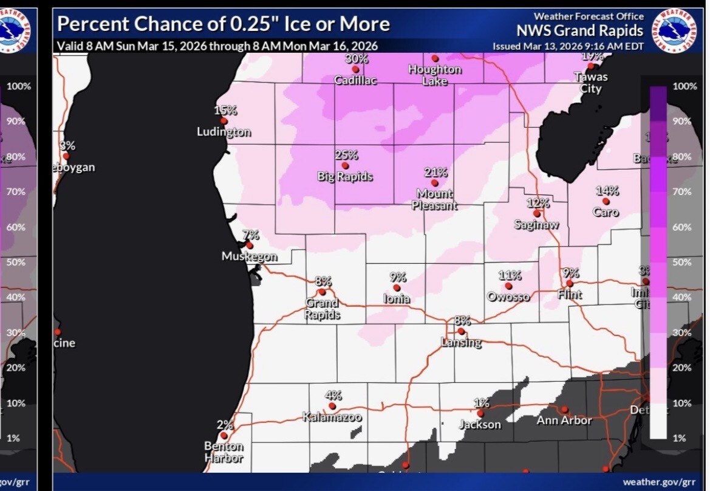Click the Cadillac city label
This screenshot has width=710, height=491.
click(356, 80)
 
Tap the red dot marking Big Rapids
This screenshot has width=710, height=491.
click(345, 165)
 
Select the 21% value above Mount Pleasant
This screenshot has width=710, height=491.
click(435, 172)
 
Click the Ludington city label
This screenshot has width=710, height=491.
click(224, 132)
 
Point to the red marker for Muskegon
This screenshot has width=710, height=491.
click(250, 245)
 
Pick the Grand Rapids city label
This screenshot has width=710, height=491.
click(322, 309)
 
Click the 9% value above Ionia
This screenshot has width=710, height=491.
click(398, 277)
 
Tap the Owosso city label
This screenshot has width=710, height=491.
click(508, 297)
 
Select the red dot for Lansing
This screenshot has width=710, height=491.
click(462, 331)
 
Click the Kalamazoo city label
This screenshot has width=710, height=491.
click(332, 417)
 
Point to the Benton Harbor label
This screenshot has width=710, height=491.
click(224, 452)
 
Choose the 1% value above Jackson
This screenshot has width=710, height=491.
click(481, 402)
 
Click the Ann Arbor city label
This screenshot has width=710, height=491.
click(564, 420)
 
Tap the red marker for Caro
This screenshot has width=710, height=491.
click(606, 201)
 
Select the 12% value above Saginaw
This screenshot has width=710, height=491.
click(538, 203)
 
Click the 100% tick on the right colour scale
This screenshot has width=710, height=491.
click(684, 86)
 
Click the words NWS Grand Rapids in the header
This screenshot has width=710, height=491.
click(580, 30)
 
